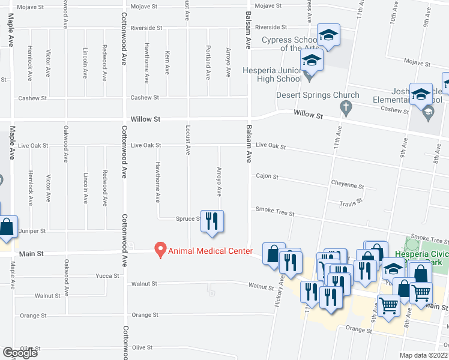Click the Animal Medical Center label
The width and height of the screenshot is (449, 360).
(210, 251)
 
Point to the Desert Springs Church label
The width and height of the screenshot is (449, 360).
(318, 95)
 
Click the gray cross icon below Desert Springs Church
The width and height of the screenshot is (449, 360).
(345, 108)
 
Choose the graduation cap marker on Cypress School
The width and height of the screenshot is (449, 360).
(328, 35)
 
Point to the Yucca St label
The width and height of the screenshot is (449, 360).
(107, 276)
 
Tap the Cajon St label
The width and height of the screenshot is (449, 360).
(267, 177)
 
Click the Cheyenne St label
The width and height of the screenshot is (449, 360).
(348, 186)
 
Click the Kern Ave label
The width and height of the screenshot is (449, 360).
(167, 63)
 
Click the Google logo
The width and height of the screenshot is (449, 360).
(20, 353)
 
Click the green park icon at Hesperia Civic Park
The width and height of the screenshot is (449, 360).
(411, 244)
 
